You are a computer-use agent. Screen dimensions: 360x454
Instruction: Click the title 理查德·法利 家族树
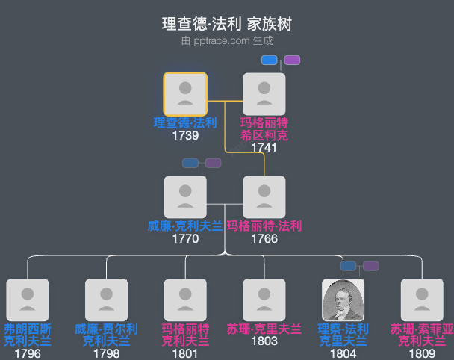[x=226, y=24]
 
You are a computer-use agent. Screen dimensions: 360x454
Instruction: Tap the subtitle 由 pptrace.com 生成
[x=226, y=41]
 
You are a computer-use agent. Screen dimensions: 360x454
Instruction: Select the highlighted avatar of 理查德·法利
[x=185, y=94]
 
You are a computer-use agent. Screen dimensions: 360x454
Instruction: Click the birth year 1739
[x=185, y=136]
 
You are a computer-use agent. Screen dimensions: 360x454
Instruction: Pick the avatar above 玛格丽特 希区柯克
[x=264, y=94]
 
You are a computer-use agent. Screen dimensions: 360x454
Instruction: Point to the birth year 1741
[x=264, y=147]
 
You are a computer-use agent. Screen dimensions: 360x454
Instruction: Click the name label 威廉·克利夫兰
[x=185, y=226]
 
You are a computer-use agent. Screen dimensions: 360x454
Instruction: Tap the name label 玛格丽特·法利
[x=264, y=226]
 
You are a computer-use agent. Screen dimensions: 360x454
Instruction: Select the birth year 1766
[x=264, y=239]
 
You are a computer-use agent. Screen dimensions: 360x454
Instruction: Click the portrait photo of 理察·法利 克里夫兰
[x=343, y=300]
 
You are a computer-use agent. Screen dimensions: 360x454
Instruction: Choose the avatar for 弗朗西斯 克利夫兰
[x=28, y=300]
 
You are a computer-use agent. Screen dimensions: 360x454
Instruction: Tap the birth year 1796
[x=28, y=353]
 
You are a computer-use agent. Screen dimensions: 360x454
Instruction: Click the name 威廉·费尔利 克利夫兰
[x=106, y=335]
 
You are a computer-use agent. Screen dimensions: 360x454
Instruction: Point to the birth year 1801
[x=185, y=353]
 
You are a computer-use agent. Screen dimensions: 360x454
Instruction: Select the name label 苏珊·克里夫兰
[x=264, y=329]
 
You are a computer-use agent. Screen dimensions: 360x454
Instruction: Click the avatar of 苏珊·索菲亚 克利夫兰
[x=423, y=300]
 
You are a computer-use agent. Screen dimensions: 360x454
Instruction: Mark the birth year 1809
[x=423, y=353]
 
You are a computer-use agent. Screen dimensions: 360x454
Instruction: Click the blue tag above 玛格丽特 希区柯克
[x=270, y=60]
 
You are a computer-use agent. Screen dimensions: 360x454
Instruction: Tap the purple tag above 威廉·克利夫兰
[x=214, y=163]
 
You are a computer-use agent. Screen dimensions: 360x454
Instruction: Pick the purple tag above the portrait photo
[x=371, y=266]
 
